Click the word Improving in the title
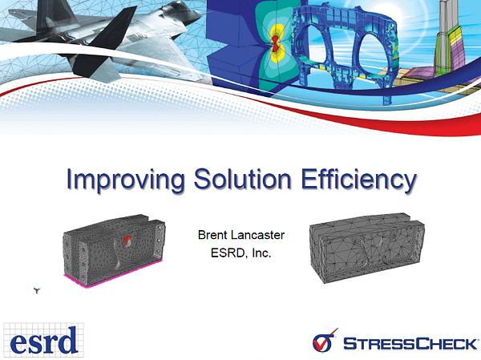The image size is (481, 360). (x=126, y=180)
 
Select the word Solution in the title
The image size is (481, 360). (x=242, y=179)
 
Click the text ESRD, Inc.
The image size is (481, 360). (x=240, y=253)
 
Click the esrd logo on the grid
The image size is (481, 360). (x=43, y=340)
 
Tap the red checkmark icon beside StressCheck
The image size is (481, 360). (x=325, y=341)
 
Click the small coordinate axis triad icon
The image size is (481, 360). (x=37, y=290)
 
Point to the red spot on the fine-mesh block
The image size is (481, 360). (x=127, y=241)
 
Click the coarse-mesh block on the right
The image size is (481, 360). (x=367, y=248)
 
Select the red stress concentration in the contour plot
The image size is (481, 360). (x=275, y=43)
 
